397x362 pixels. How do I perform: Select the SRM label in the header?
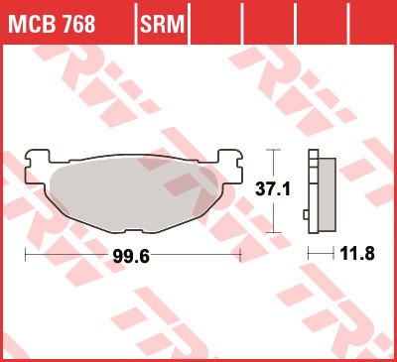click(162, 24)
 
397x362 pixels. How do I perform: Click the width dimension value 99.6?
click(131, 256)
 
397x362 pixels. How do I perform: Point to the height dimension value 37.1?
click(273, 189)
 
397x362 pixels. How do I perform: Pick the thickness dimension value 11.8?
click(357, 254)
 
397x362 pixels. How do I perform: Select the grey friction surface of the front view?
click(134, 193)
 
